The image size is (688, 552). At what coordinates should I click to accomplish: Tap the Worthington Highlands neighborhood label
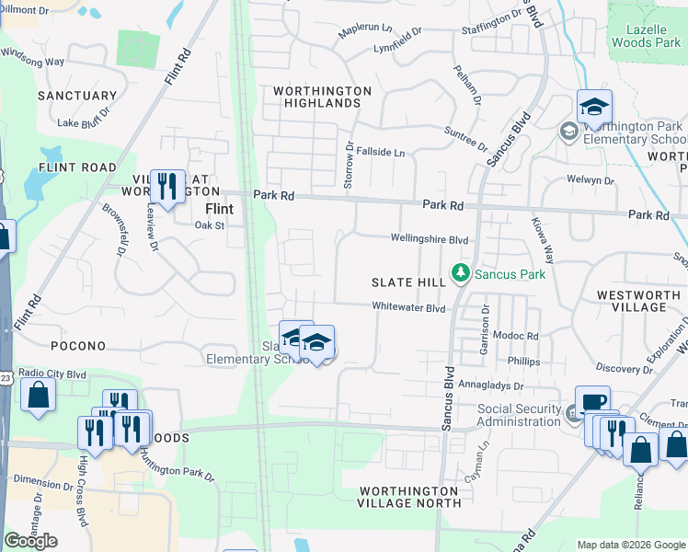point(322,97)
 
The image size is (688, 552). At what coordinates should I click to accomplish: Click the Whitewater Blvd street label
point(408,307)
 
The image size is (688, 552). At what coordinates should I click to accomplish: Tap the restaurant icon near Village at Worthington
point(167,186)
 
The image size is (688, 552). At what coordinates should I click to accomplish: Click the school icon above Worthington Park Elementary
point(594,108)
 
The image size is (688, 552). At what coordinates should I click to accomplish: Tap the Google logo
point(30,541)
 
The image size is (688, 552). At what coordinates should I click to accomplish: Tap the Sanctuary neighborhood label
point(77,96)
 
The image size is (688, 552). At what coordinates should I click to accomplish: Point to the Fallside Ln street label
point(381,152)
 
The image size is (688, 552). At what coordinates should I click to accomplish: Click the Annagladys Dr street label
point(491,387)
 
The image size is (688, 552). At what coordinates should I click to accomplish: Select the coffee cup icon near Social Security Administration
point(592,401)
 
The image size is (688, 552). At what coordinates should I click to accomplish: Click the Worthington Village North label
point(410,497)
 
